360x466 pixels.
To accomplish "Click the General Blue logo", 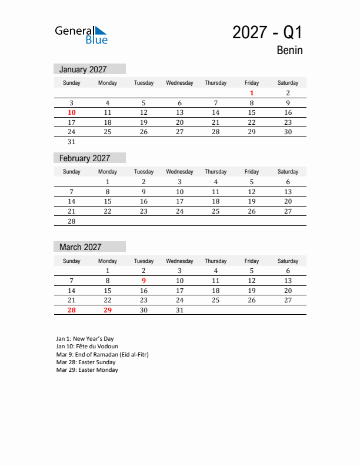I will tap(81, 34).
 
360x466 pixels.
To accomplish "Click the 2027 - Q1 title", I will tap(267, 32).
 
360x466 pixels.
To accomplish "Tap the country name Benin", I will tap(289, 51).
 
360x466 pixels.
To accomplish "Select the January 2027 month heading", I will tap(83, 69).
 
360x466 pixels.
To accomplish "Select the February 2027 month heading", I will tap(85, 158).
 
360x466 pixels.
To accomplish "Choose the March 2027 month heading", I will tap(80, 247).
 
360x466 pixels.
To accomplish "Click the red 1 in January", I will tap(252, 93).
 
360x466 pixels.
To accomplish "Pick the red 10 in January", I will tap(72, 112).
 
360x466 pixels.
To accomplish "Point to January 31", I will tap(72, 142).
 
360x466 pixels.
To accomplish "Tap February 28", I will tap(72, 221).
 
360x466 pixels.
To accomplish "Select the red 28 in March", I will tap(72, 310).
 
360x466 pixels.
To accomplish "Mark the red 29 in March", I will tap(108, 310).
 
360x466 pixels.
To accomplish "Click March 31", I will tap(179, 310).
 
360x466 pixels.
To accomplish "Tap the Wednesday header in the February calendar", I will tap(179, 172).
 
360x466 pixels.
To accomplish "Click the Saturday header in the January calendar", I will tap(288, 83).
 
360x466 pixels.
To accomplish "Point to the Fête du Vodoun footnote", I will tap(87, 347).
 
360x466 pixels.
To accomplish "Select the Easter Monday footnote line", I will tap(87, 370).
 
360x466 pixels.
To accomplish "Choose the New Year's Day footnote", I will tap(85, 339).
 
